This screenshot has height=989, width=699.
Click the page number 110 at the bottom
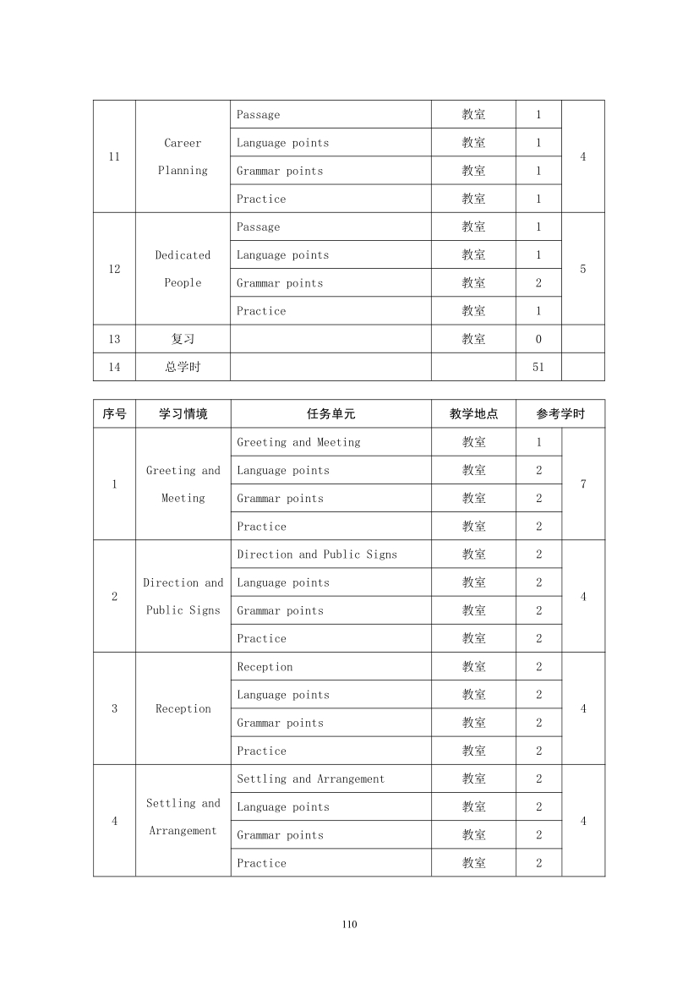350,924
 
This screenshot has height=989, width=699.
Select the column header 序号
114,414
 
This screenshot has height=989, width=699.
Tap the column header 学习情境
183,414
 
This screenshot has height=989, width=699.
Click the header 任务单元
330,414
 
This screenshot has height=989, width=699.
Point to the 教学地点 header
473,414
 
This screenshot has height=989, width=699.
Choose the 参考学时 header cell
560,414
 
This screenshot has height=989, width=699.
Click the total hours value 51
538,367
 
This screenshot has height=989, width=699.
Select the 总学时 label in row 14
183,367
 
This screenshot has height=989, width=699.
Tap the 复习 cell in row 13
183,339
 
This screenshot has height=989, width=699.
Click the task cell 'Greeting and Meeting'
298,442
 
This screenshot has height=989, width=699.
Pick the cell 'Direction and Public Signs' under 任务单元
317,555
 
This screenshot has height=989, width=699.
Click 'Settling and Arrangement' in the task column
310,779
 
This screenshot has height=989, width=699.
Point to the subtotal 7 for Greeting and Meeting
583,484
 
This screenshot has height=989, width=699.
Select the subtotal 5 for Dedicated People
583,270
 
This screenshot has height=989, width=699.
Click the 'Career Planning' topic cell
183,156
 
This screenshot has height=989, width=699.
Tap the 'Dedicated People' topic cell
183,269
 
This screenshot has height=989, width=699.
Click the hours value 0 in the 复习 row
538,339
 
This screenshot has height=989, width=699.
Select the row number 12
114,270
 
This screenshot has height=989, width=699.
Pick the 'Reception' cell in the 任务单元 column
265,667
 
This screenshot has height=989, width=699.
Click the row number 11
114,157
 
